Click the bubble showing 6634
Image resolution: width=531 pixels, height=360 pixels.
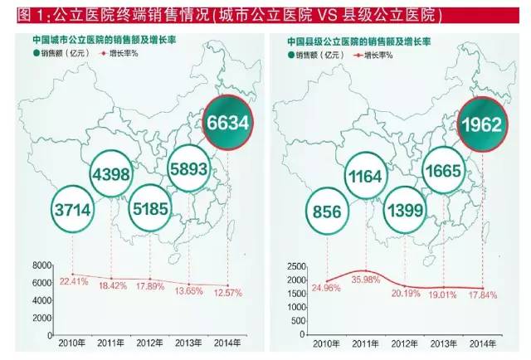tap(227, 124)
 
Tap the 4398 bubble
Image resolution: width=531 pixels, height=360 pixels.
tap(112, 174)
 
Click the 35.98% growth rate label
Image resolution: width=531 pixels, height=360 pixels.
tap(365, 279)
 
